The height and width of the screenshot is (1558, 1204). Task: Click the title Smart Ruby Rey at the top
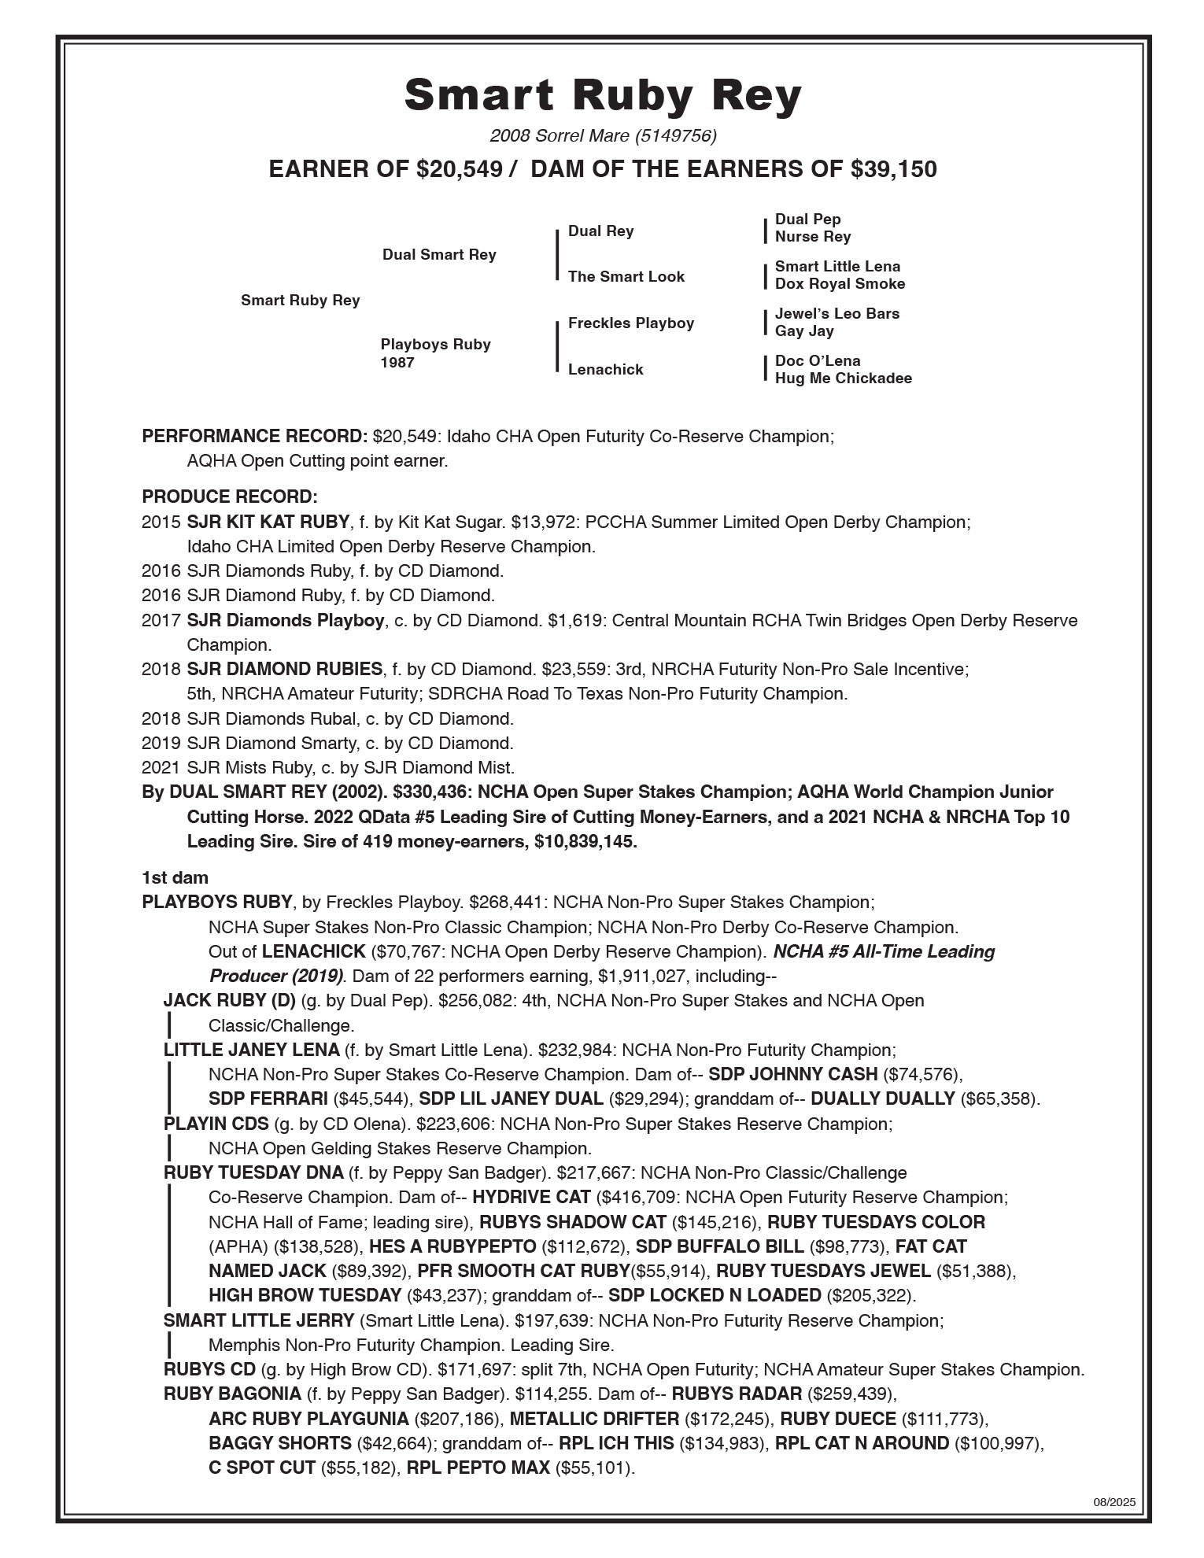click(x=603, y=95)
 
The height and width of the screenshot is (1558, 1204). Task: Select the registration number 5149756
click(x=675, y=136)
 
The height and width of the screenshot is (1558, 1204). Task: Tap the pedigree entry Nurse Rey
click(x=812, y=237)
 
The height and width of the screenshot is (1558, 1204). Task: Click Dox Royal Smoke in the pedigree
click(x=840, y=284)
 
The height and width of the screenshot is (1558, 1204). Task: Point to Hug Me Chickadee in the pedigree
click(x=843, y=378)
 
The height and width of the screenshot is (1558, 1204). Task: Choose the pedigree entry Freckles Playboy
click(x=630, y=323)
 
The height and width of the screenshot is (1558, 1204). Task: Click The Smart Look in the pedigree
click(x=626, y=277)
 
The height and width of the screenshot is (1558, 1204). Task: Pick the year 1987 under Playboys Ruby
click(x=397, y=363)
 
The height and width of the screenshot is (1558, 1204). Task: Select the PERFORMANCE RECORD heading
click(x=254, y=437)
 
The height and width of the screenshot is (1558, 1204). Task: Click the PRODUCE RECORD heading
click(x=230, y=497)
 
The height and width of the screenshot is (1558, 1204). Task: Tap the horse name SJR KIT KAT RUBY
click(x=268, y=522)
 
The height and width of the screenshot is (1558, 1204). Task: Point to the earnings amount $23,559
click(x=569, y=670)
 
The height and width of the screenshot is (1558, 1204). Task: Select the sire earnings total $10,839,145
click(x=585, y=841)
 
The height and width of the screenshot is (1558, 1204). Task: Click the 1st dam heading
click(x=175, y=877)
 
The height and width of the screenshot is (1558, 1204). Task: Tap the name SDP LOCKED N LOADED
click(x=715, y=1295)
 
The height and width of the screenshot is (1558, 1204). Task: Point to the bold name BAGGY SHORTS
click(x=279, y=1443)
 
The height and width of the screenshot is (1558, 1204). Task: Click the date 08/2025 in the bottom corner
click(x=1114, y=1501)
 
